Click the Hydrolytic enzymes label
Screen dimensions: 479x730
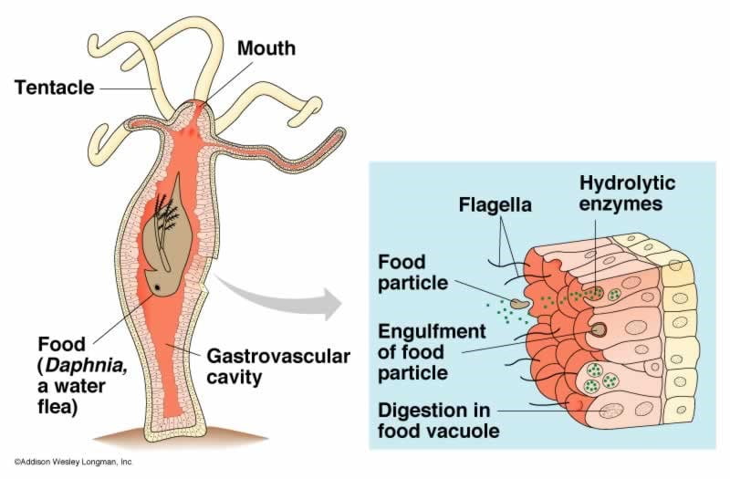(620, 193)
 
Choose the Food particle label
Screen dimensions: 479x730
(413, 273)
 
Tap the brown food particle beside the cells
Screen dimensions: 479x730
(520, 302)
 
